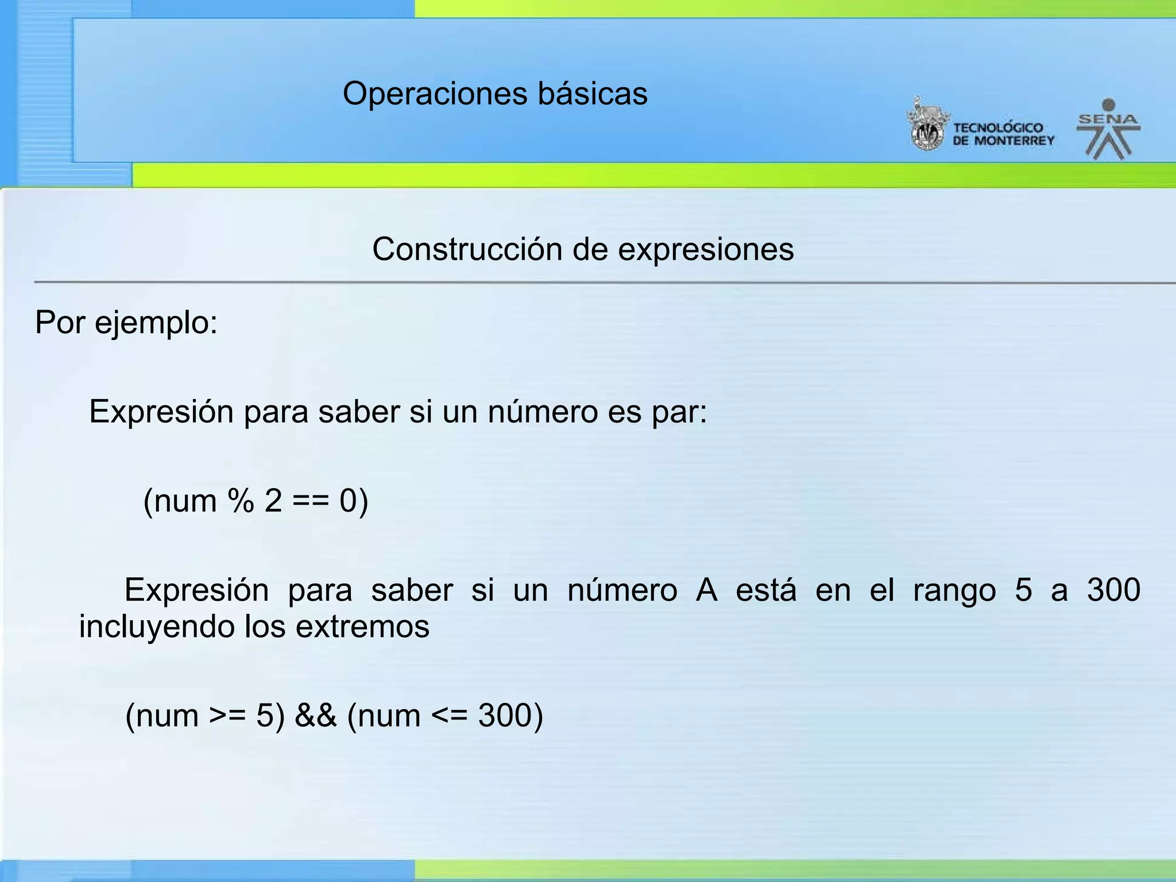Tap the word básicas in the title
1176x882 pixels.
pos(593,94)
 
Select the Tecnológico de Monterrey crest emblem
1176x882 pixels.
pos(926,125)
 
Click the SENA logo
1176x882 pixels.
pos(1108,130)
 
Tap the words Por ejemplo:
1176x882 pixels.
pos(126,323)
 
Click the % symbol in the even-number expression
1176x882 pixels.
pos(241,501)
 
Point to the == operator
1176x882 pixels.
pos(311,501)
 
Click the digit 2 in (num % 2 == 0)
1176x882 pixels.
pos(273,501)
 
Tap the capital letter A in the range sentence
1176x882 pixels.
pos(706,590)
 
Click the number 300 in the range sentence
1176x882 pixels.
pos(1113,590)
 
